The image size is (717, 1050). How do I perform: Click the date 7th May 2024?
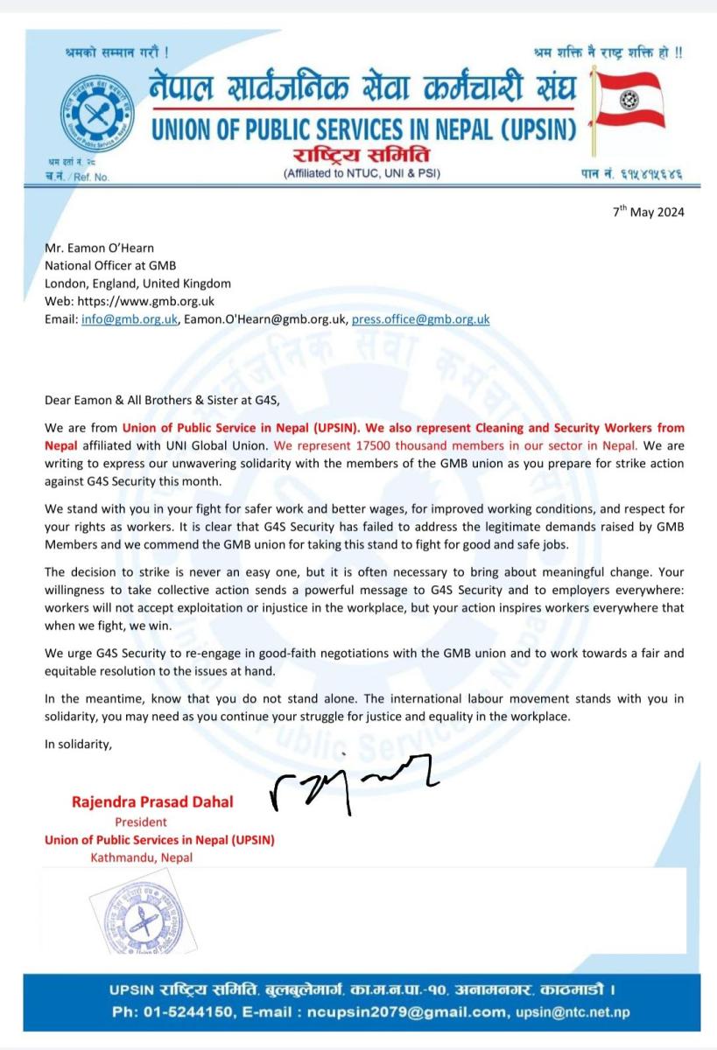click(647, 212)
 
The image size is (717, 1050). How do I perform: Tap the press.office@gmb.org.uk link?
click(420, 319)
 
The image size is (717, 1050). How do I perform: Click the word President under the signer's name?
click(141, 822)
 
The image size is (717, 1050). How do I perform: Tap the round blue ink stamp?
click(139, 918)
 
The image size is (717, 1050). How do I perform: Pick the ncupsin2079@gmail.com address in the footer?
click(411, 1012)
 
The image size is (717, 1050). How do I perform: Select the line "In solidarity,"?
click(78, 745)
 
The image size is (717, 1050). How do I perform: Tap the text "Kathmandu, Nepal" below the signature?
click(141, 857)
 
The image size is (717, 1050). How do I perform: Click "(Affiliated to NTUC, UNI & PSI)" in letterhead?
click(362, 173)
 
